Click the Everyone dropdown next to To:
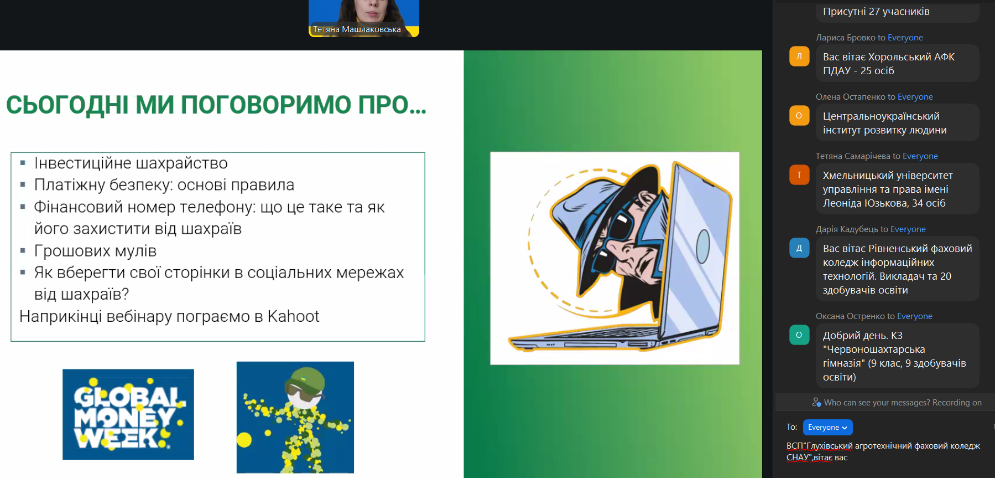[x=827, y=427]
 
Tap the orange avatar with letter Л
[x=799, y=56]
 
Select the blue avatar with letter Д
[x=799, y=248]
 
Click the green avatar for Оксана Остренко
[x=799, y=335]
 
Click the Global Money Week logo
[x=128, y=414]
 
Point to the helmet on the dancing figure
[x=304, y=379]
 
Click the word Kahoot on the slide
[x=293, y=316]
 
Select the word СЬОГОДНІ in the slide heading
[x=67, y=105]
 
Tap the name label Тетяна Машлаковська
[x=357, y=29]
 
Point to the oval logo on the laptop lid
[x=703, y=246]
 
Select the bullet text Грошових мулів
[x=95, y=251]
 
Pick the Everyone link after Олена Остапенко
[x=915, y=97]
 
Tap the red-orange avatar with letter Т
[x=799, y=175]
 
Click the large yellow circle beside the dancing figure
[x=244, y=440]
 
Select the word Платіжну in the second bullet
[x=69, y=185]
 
